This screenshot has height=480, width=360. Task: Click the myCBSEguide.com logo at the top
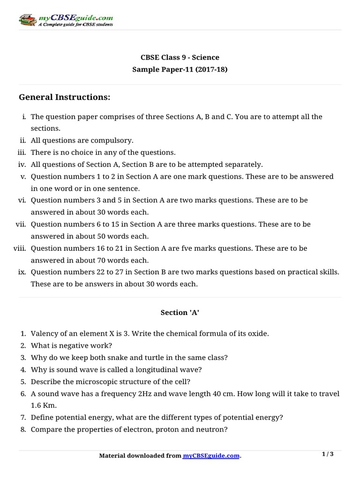(66, 20)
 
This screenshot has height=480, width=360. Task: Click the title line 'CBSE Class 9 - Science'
(180, 58)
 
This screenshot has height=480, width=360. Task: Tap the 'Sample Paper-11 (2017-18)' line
(180, 69)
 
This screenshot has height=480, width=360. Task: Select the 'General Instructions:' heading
(65, 97)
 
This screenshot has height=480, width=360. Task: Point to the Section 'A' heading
(180, 313)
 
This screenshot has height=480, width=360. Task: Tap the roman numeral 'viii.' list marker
(19, 248)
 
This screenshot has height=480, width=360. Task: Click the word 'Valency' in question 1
(44, 333)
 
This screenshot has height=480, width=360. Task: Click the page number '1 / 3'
(328, 454)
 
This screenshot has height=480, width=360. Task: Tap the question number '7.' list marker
(23, 417)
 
